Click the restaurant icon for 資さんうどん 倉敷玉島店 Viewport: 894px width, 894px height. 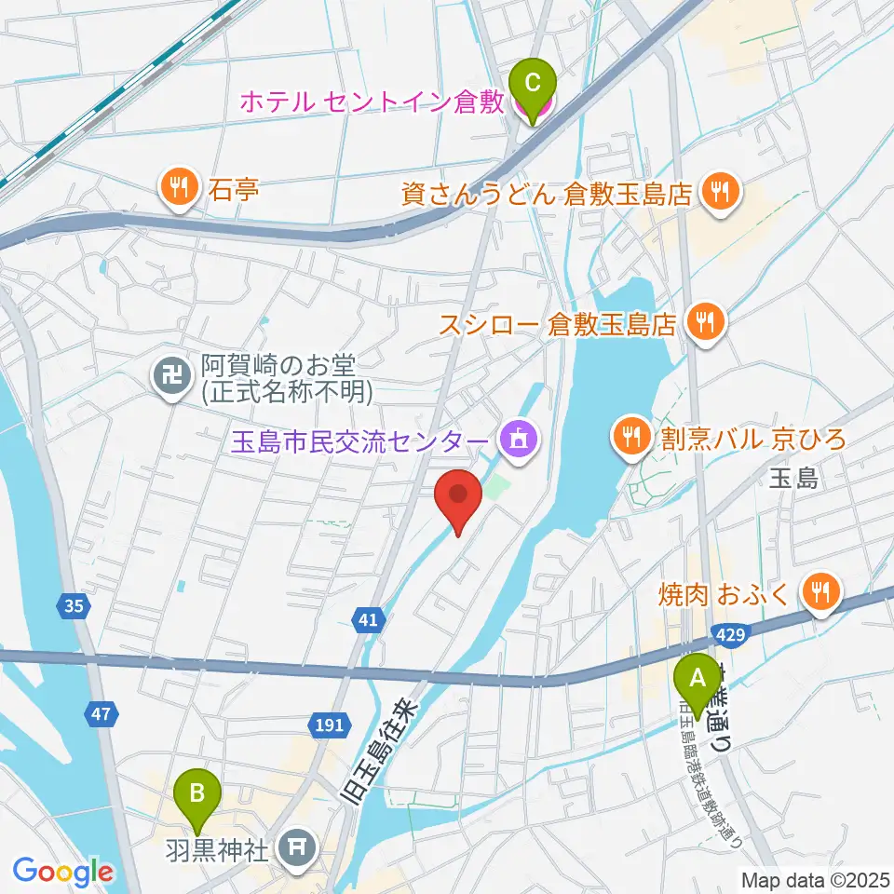pyautogui.click(x=719, y=193)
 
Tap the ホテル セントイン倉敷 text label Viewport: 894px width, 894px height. pyautogui.click(x=372, y=102)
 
